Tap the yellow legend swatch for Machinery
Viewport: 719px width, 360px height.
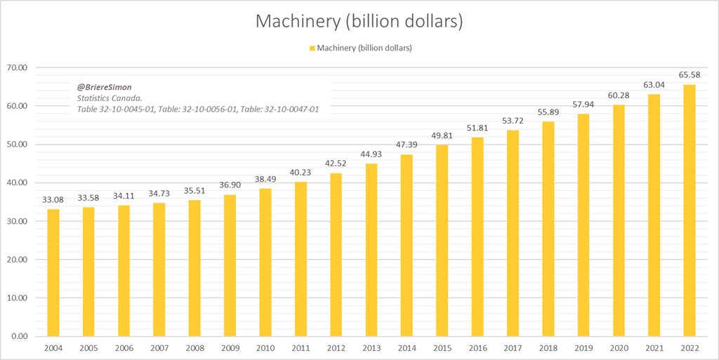click(x=312, y=48)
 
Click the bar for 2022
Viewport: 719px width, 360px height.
click(x=690, y=211)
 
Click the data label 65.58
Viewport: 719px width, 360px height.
click(x=690, y=75)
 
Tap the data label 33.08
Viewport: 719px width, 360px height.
click(x=53, y=200)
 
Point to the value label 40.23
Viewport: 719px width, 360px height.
click(x=301, y=173)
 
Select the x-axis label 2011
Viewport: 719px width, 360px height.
click(x=301, y=347)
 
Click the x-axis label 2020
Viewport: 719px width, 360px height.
click(x=619, y=347)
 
